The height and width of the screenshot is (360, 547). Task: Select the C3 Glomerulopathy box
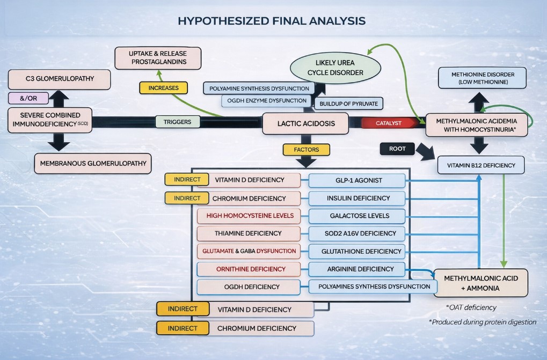[60, 79]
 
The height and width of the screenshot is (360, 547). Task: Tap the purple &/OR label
[28, 98]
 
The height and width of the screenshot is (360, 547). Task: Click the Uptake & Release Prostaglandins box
[158, 58]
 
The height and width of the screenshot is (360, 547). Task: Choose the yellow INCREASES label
[163, 87]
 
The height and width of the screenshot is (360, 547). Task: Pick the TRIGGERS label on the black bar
[178, 122]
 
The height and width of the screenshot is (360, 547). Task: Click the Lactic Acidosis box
[305, 123]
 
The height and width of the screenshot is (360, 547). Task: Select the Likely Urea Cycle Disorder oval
[336, 68]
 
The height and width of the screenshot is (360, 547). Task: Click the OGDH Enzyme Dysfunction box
[266, 101]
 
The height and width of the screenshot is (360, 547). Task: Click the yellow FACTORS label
[306, 150]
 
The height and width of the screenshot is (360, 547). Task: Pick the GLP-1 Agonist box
[357, 181]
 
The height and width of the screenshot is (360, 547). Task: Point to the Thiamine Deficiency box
[247, 233]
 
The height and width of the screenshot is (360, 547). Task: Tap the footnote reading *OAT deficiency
[471, 307]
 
